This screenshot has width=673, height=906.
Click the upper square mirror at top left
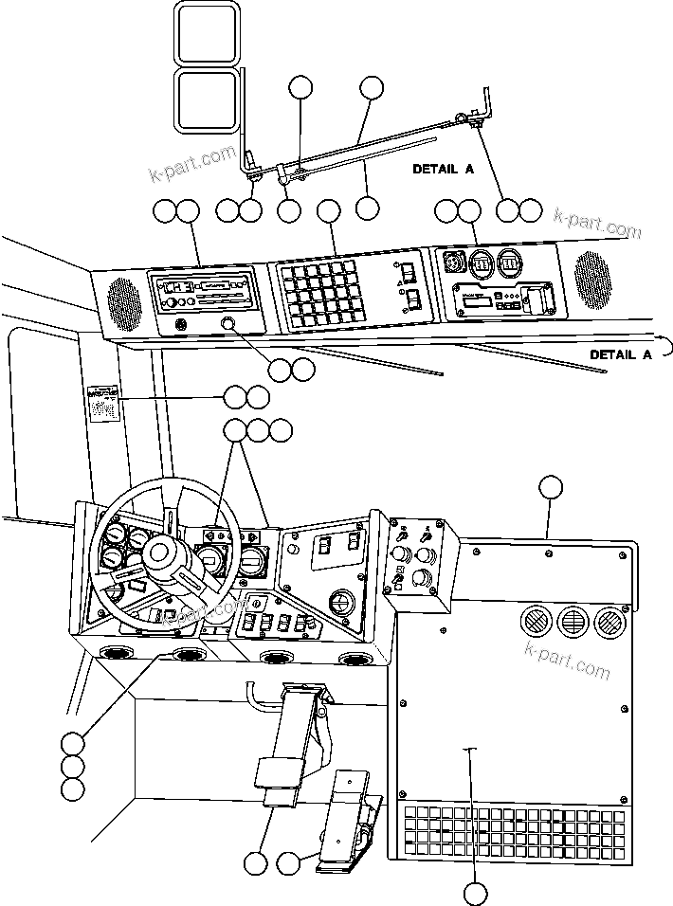(206, 33)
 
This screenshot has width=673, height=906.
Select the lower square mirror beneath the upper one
(206, 100)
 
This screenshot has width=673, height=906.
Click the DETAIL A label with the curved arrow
(621, 353)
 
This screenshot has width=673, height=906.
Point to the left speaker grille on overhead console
(121, 299)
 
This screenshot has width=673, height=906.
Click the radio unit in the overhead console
(202, 290)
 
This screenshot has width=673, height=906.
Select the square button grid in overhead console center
(321, 293)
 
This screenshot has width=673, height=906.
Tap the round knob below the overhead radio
(229, 325)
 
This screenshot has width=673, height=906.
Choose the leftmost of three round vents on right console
(534, 623)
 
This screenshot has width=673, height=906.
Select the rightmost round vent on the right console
(608, 623)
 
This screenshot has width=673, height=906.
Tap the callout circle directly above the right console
(551, 487)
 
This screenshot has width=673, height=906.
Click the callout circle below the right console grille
(476, 892)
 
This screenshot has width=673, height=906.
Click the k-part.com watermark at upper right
(597, 224)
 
